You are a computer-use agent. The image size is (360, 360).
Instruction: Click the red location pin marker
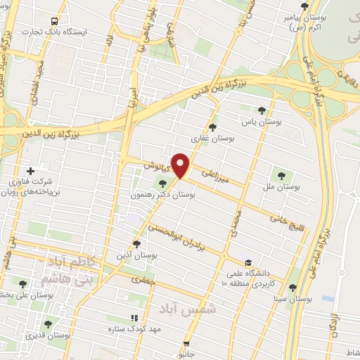pyautogui.click(x=181, y=167)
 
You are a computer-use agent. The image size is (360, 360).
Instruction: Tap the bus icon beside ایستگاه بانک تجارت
pyautogui.click(x=56, y=20)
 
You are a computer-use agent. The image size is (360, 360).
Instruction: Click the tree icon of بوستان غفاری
pyautogui.click(x=213, y=127)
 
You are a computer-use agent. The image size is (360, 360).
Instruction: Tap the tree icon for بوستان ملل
pyautogui.click(x=282, y=176)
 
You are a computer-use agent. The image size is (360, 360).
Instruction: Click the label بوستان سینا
pyautogui.click(x=293, y=299)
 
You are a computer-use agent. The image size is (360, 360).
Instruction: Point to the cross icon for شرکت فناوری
pyautogui.click(x=30, y=171)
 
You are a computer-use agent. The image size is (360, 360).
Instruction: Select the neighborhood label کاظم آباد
pyautogui.click(x=68, y=261)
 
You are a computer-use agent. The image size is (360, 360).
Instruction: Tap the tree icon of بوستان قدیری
pyautogui.click(x=48, y=324)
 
